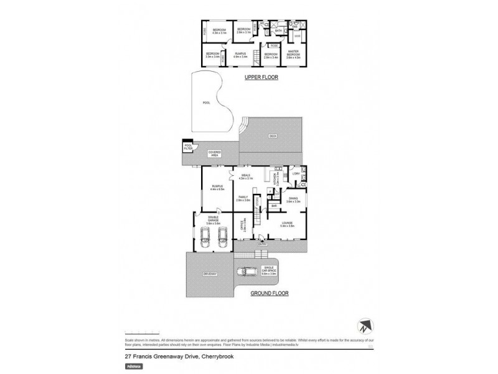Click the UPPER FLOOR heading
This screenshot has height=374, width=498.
click(260, 77)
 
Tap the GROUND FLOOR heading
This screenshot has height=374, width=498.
click(268, 292)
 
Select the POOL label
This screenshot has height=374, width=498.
click(206, 103)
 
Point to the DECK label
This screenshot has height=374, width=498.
click(272, 135)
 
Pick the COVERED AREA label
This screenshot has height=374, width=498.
click(215, 153)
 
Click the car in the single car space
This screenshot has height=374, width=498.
click(249, 272)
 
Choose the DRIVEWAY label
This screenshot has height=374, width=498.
click(208, 273)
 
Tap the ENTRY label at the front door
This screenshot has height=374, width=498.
click(261, 243)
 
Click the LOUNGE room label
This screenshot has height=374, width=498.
click(286, 223)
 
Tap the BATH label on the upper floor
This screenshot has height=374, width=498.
click(278, 29)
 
